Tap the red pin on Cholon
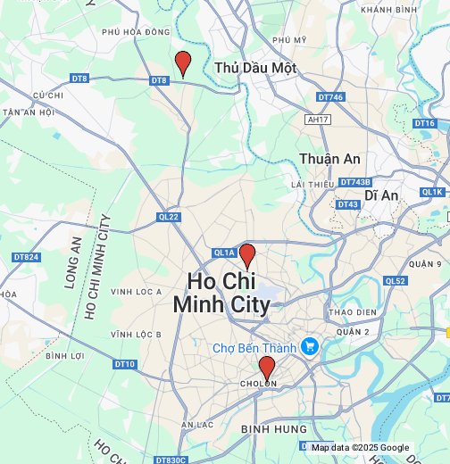pos(266,368)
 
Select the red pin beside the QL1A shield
pos(247,256)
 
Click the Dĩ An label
pos(380,195)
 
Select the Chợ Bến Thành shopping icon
pos(310,345)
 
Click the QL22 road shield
pos(169,217)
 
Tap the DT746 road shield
pos(329,97)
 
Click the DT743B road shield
pos(354,182)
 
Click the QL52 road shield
pos(396,280)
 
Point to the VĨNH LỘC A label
pos(136,292)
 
